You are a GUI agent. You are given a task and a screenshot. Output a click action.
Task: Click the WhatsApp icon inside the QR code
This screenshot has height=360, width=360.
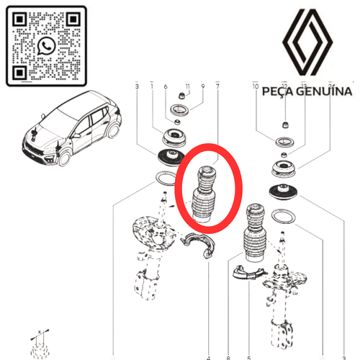(x=47, y=46)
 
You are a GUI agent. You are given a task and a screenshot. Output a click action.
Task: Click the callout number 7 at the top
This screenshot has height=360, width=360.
(x=217, y=87)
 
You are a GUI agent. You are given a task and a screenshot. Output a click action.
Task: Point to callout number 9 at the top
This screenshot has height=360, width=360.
(x=203, y=87)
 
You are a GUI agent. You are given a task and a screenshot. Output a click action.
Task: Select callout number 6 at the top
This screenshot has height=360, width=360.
(x=166, y=87)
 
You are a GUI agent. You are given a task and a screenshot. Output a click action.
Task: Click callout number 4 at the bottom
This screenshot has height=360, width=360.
(x=208, y=356)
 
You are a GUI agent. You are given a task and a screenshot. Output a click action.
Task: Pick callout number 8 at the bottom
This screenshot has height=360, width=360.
(x=228, y=356)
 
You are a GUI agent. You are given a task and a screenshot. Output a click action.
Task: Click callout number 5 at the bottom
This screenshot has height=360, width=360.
(x=248, y=356)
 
